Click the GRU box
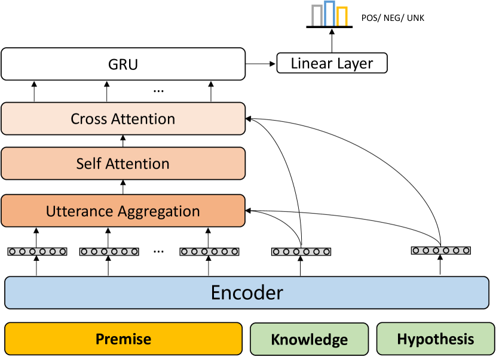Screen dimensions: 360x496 pos(123,64)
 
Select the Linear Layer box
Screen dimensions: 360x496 pos(332,63)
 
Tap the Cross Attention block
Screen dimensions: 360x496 pos(123,118)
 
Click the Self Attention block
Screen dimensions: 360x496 pos(123,163)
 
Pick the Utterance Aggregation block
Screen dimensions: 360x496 pos(123,211)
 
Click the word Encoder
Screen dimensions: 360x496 pos(246,293)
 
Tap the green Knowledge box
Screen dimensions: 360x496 pos(309,340)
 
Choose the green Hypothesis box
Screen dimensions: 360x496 pos(435,340)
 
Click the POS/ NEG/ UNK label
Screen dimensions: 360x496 pos(393,19)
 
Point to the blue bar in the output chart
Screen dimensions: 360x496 pos(329,14)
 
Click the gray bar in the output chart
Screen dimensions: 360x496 pos(316,17)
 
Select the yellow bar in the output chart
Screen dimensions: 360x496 pos(342,17)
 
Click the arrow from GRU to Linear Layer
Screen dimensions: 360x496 pos(261,63)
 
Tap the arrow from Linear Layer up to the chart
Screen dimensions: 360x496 pos(329,41)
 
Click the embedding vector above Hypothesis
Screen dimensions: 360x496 pos(440,250)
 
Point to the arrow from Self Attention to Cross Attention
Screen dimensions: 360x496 pos(123,140)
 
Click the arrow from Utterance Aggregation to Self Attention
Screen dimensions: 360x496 pos(123,187)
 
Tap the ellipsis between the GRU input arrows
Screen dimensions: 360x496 pos(158,91)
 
